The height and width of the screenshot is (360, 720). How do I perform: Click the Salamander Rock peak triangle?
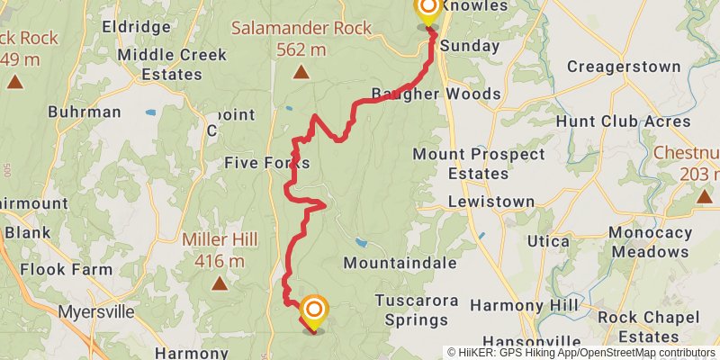(301, 71)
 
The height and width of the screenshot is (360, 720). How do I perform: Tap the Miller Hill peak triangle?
(220, 283)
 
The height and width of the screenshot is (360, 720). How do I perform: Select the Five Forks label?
(266, 163)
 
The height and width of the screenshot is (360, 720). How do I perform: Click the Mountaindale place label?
(400, 263)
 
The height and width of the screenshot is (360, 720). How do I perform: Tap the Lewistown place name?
(486, 202)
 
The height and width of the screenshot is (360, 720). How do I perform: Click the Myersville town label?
(95, 312)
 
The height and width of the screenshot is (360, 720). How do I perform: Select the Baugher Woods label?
(436, 94)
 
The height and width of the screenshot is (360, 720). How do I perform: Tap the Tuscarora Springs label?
(417, 309)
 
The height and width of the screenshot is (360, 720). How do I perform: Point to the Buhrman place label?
(85, 112)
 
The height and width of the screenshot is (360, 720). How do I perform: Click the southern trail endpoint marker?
(314, 312)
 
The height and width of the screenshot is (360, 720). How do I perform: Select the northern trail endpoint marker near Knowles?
(427, 9)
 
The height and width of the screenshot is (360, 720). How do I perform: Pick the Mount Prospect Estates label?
(479, 163)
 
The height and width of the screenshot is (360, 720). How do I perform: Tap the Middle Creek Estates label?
(159, 63)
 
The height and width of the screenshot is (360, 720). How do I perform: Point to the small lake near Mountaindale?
(361, 243)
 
